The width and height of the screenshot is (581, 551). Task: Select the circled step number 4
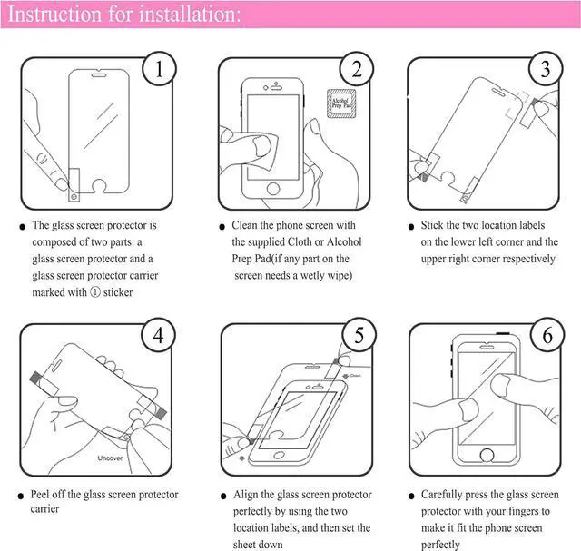(x=160, y=337)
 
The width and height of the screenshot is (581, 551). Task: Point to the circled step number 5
(x=359, y=337)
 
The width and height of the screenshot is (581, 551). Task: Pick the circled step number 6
(x=547, y=337)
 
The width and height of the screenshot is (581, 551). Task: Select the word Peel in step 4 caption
(x=44, y=495)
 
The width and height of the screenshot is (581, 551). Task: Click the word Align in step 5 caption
(x=247, y=495)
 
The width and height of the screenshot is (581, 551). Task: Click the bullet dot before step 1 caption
(x=22, y=226)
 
